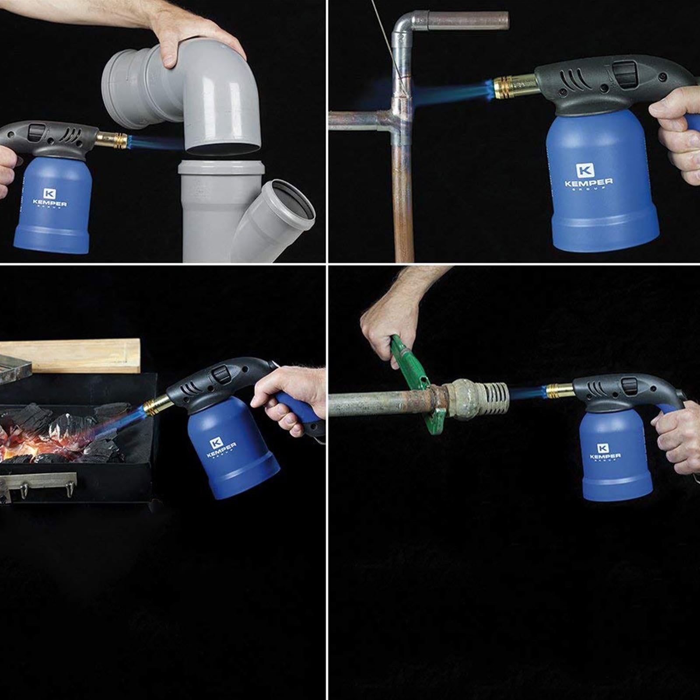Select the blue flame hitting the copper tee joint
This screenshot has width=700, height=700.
(446, 93)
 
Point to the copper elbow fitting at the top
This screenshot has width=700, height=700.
(405, 26)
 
